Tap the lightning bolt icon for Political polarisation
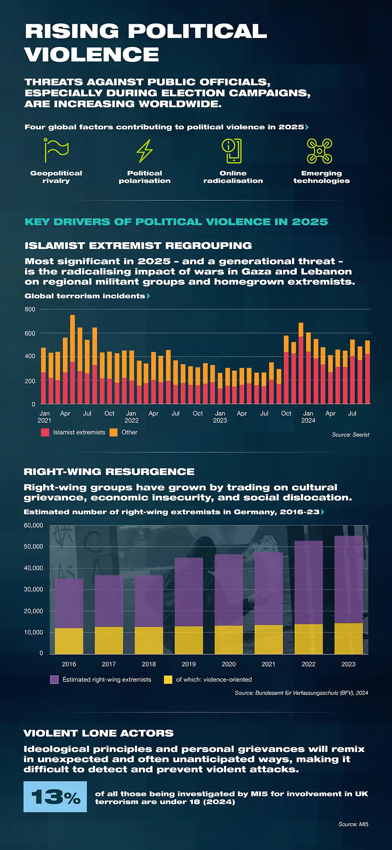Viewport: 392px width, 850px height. point(145,151)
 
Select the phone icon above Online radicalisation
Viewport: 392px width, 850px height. point(232,151)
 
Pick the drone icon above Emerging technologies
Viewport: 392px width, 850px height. point(319,151)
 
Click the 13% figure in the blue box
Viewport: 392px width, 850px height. point(55,796)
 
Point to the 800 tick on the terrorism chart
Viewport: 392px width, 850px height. point(30,309)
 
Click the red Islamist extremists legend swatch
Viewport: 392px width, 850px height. point(45,432)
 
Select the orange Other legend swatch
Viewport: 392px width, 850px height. point(113,432)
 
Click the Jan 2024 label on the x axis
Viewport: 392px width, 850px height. point(308,416)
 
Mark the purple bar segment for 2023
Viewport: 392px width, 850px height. point(348,579)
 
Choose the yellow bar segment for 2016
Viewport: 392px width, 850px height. point(69,641)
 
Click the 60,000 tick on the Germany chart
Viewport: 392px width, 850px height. point(34,525)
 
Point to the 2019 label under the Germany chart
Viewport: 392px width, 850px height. point(189,664)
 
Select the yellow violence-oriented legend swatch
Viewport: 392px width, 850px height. point(168,679)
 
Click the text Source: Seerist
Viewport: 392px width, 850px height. point(350,434)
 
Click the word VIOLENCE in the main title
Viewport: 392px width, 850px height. point(92,54)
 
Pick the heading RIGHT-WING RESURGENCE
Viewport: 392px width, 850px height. point(109,472)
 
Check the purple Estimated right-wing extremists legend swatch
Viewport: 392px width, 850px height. point(54,679)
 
